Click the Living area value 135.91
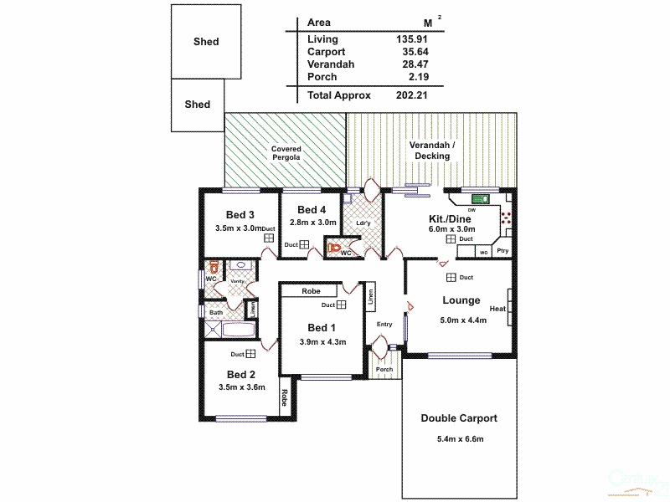(410, 39)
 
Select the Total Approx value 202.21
(412, 95)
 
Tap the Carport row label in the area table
(325, 52)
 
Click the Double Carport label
(459, 418)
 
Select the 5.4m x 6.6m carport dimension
(460, 440)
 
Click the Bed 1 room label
(322, 327)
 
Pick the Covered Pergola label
(286, 153)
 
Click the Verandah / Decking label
(432, 151)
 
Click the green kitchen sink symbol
(481, 199)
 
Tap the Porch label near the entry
(384, 369)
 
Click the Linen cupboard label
(371, 296)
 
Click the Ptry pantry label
(502, 251)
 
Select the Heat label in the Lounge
(497, 309)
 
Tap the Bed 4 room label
(311, 209)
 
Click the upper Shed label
(206, 42)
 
